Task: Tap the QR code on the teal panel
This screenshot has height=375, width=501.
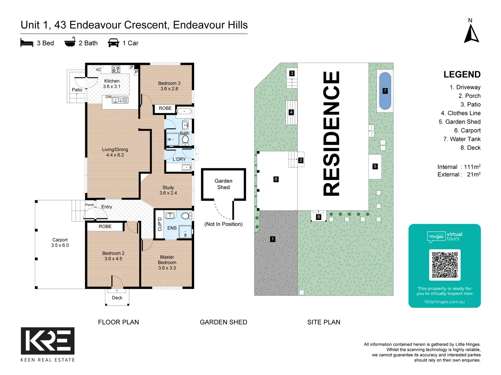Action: pyautogui.click(x=445, y=265)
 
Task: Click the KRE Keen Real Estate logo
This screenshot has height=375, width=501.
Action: pyautogui.click(x=48, y=341)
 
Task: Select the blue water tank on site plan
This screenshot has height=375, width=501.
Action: pyautogui.click(x=385, y=91)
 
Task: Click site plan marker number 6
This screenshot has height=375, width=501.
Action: pyautogui.click(x=276, y=179)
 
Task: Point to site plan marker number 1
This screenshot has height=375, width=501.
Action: pyautogui.click(x=273, y=239)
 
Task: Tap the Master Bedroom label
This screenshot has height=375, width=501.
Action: pyautogui.click(x=167, y=262)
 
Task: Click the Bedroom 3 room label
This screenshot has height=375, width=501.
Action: pyautogui.click(x=169, y=86)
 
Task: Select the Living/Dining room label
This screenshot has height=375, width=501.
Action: pyautogui.click(x=115, y=152)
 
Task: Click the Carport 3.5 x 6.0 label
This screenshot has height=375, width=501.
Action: pyautogui.click(x=60, y=242)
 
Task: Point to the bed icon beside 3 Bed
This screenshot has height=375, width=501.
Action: pyautogui.click(x=27, y=43)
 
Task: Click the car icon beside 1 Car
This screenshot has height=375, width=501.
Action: pyautogui.click(x=113, y=43)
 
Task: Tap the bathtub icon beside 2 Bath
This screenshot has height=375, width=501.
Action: pyautogui.click(x=70, y=42)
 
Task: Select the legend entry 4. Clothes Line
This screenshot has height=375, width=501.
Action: pyautogui.click(x=460, y=113)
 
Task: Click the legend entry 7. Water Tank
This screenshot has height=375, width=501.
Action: pyautogui.click(x=462, y=139)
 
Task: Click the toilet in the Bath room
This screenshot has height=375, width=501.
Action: pyautogui.click(x=185, y=140)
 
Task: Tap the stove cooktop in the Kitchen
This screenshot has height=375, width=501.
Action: pyautogui.click(x=116, y=69)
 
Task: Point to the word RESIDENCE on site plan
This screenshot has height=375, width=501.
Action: pyautogui.click(x=332, y=133)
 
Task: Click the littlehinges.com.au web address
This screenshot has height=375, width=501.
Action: pyautogui.click(x=444, y=302)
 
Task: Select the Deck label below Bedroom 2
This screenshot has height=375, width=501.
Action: pyautogui.click(x=117, y=298)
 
